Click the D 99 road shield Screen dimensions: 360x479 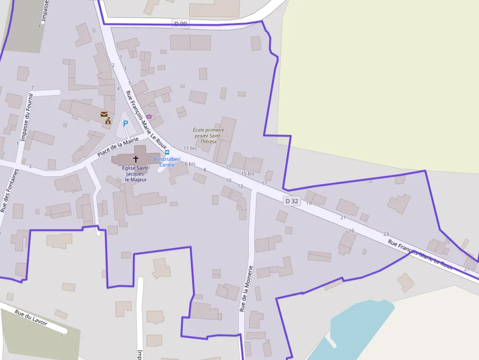180,24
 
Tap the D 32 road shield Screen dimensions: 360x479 292,201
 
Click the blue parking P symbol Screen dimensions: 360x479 125,124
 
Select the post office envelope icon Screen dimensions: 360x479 104,114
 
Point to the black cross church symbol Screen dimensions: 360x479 136,159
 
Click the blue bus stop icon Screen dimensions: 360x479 167,152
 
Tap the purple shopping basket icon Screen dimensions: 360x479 149,116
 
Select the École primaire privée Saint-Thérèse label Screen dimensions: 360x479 208,135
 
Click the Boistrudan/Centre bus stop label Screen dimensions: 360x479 167,162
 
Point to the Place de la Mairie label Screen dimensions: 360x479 118,147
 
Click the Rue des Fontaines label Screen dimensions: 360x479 10,191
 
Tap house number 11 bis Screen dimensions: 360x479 190,148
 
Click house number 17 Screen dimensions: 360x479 264,183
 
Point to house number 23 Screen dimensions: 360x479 386,234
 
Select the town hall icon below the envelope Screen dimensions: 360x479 108,121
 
